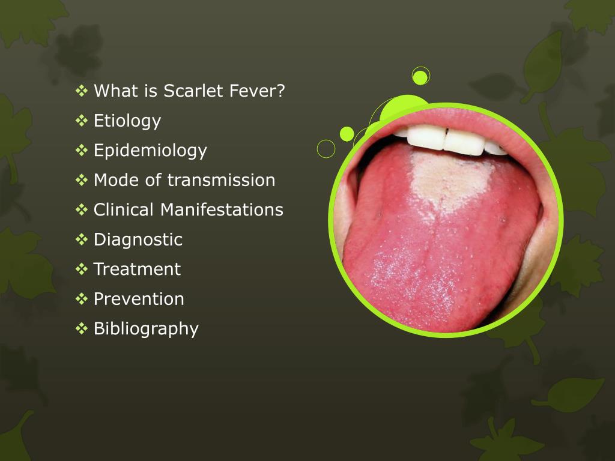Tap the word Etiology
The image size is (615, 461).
(x=127, y=121)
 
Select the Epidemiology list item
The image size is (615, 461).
(x=150, y=151)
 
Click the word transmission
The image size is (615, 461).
(x=221, y=180)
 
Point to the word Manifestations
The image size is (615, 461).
(x=222, y=209)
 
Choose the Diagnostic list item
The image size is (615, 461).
(x=138, y=240)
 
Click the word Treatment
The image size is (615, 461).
(x=138, y=270)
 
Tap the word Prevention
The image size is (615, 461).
(x=139, y=299)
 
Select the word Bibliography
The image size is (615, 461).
(x=146, y=330)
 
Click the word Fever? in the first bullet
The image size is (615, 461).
(x=257, y=91)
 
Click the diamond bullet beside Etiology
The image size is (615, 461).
(x=82, y=120)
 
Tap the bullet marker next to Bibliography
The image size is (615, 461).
(x=82, y=328)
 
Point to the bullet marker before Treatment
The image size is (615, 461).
(x=82, y=269)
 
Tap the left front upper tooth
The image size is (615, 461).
(x=426, y=137)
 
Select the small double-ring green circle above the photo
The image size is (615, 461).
(x=421, y=76)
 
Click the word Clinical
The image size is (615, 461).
(x=124, y=209)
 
